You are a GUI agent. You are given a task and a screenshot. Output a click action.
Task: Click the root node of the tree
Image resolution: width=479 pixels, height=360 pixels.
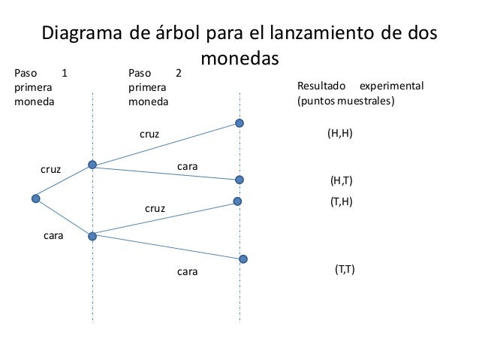coord(35,198)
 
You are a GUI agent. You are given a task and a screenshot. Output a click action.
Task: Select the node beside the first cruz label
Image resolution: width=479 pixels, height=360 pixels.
coord(92,165)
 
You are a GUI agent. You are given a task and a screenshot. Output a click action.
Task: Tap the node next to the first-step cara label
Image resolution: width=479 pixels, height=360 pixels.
coord(92,236)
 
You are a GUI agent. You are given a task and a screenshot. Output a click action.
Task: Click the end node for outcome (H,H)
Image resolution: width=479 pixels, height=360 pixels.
coord(239,123)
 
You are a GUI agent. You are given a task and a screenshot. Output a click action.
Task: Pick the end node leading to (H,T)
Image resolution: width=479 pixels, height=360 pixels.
coord(239,180)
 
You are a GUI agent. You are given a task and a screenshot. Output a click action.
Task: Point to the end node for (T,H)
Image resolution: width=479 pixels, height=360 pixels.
coord(237,201)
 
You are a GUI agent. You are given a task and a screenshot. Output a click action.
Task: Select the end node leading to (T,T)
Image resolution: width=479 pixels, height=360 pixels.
coord(243,259)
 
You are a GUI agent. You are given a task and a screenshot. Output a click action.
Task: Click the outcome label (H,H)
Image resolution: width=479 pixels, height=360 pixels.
coord(340,133)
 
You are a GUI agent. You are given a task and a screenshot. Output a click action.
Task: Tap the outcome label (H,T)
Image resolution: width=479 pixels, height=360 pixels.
coord(342,181)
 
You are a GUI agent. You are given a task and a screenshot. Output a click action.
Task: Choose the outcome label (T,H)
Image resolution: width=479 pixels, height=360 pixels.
coord(342,202)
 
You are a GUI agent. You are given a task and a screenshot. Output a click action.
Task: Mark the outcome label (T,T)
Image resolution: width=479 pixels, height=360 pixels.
coord(345,269)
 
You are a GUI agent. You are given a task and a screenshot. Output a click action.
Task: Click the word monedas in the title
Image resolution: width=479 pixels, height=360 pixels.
coord(239,59)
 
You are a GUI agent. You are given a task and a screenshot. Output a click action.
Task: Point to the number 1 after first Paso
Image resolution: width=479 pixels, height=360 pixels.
coord(64,74)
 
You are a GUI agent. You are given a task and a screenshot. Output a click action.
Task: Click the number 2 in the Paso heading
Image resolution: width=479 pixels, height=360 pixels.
coord(178,74)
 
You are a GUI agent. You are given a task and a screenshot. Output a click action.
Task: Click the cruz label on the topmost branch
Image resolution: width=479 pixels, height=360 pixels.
coord(150,135)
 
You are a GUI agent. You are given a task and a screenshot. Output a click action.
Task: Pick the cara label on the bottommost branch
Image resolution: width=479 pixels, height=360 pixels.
coord(187,272)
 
